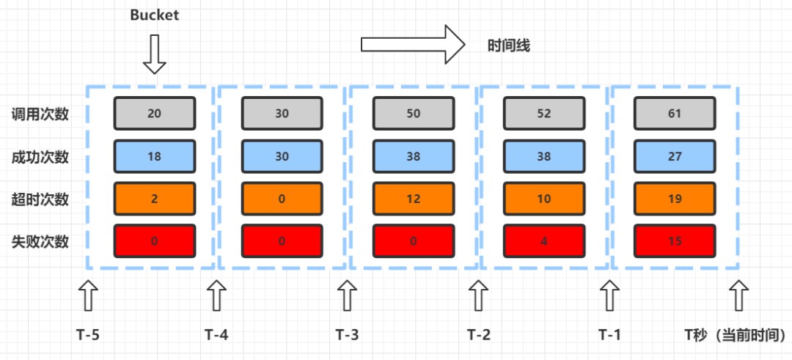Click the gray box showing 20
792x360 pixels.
tap(154, 113)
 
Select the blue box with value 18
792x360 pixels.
tap(154, 155)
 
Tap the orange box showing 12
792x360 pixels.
tap(414, 198)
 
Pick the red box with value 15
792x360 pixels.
tap(674, 240)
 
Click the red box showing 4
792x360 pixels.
tap(543, 240)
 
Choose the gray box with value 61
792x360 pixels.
tap(674, 113)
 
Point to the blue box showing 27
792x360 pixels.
tap(674, 155)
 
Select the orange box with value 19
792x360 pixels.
tap(674, 198)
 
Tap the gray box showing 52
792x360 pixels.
tap(543, 113)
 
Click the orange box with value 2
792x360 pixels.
tap(154, 198)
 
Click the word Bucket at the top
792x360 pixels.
tap(155, 15)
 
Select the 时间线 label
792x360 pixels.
tap(509, 45)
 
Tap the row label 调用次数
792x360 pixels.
tap(40, 114)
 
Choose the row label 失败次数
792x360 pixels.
tap(40, 241)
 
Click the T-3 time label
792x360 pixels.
tap(348, 335)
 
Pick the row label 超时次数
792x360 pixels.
tap(40, 199)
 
